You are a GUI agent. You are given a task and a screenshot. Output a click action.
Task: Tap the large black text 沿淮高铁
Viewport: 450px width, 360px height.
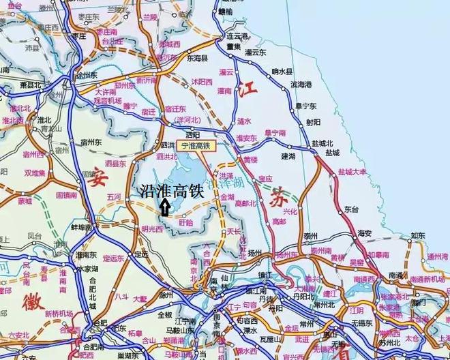[171, 192]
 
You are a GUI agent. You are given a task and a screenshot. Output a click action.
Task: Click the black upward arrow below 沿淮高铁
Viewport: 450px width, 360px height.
[164, 207]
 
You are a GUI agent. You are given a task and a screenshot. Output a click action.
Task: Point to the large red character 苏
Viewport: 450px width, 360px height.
[277, 199]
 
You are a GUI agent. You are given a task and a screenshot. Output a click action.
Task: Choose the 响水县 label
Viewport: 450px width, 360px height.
[282, 71]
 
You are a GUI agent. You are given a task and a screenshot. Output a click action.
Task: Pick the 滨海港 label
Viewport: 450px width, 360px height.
[301, 85]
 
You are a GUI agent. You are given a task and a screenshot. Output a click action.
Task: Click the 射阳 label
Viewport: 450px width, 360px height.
[313, 123]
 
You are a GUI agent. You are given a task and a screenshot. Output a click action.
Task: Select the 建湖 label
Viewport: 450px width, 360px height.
[288, 156]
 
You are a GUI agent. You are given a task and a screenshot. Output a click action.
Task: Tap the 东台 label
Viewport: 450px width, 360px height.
[352, 209]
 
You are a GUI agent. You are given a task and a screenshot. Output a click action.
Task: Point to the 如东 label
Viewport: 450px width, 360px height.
[417, 237]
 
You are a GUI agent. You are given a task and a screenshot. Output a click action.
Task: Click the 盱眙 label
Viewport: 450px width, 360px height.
[185, 222]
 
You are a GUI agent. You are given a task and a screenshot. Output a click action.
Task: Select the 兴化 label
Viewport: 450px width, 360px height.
[291, 212]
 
